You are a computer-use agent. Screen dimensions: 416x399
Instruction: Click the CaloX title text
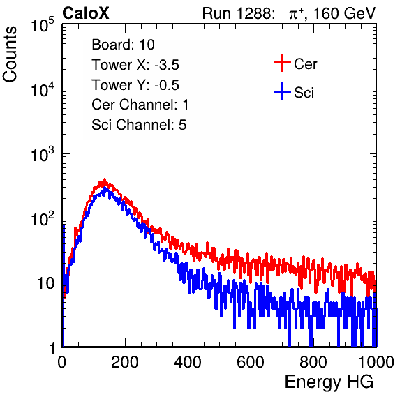click(x=86, y=13)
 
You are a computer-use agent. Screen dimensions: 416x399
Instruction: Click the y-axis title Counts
click(x=10, y=54)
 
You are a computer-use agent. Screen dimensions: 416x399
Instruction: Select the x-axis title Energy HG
click(x=329, y=382)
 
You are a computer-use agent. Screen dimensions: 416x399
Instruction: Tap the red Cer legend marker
click(x=282, y=63)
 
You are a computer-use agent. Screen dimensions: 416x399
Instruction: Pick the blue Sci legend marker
click(x=282, y=92)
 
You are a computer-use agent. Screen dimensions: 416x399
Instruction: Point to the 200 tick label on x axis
click(x=125, y=362)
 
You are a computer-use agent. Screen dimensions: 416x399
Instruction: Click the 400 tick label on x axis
click(x=188, y=362)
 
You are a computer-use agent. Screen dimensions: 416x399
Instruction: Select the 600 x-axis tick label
click(x=251, y=362)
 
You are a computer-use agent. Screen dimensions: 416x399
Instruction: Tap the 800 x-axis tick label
click(x=313, y=362)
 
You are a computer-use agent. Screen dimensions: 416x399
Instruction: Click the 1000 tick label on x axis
click(x=376, y=362)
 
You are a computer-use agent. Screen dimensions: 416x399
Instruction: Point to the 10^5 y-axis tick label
click(x=43, y=24)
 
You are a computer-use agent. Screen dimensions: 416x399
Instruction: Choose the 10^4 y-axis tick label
click(x=43, y=89)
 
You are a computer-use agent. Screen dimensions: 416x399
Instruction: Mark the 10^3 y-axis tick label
click(x=43, y=153)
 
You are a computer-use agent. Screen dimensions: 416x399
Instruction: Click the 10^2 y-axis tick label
click(x=43, y=218)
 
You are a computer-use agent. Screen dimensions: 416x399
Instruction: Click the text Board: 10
click(x=123, y=45)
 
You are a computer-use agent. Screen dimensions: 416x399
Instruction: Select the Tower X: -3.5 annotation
click(x=135, y=65)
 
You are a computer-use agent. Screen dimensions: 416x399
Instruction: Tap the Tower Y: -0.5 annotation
click(x=135, y=85)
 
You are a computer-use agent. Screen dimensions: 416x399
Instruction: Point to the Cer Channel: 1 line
click(x=140, y=105)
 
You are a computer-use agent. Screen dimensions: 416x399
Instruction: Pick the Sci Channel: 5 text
click(x=139, y=125)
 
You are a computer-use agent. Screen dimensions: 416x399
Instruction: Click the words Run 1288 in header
click(x=238, y=13)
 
